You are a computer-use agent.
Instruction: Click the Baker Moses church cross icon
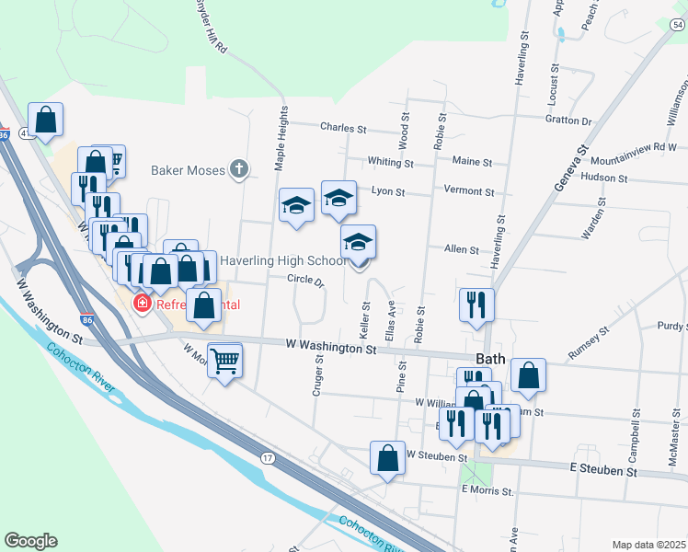(239, 168)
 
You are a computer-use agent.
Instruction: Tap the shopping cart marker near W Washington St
(224, 360)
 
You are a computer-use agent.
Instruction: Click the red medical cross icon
(143, 303)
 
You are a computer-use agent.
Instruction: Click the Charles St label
(343, 129)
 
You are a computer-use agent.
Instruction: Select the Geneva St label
(569, 167)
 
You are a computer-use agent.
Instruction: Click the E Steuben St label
(603, 470)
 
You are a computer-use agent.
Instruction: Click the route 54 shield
(677, 25)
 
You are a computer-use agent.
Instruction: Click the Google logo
(30, 541)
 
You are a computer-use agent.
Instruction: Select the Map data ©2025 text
(648, 545)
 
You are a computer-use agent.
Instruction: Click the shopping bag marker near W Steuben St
(388, 457)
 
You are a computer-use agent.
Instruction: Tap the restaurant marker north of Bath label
(476, 305)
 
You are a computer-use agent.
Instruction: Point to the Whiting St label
(390, 162)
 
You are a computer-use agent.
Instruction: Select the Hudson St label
(604, 178)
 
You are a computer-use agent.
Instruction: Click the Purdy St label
(671, 326)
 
